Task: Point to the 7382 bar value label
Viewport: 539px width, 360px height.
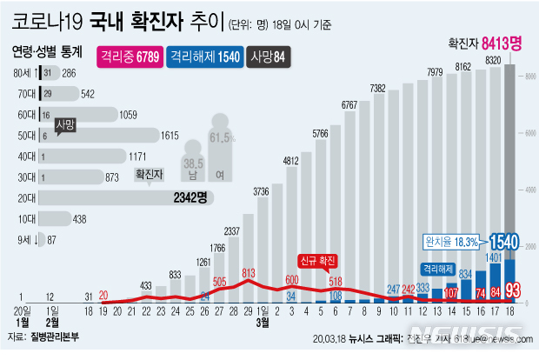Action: (x=377, y=89)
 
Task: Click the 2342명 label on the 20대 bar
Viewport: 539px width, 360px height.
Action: (x=190, y=197)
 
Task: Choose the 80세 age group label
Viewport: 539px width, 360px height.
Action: (x=23, y=72)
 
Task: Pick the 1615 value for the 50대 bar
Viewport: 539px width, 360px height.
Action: (x=170, y=135)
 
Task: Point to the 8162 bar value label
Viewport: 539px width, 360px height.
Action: (x=464, y=67)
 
